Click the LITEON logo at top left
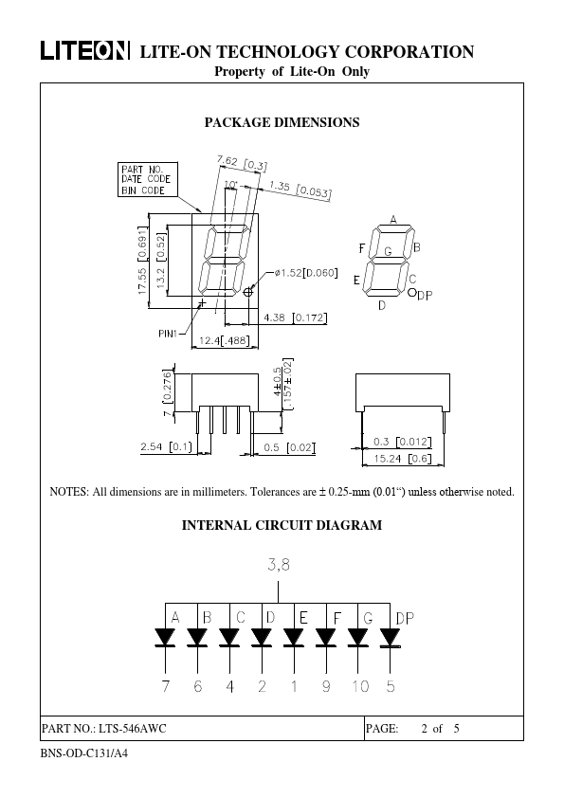pyautogui.click(x=85, y=51)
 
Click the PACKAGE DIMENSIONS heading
pyautogui.click(x=282, y=122)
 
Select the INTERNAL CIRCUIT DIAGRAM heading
pyautogui.click(x=282, y=525)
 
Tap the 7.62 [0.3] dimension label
pyautogui.click(x=242, y=163)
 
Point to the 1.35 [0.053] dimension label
pyautogui.click(x=300, y=190)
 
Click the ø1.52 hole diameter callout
pyautogui.click(x=306, y=273)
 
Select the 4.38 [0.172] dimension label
pyautogui.click(x=295, y=318)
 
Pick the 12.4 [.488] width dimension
pyautogui.click(x=225, y=340)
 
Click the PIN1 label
pyautogui.click(x=168, y=334)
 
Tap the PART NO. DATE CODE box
pyautogui.click(x=148, y=180)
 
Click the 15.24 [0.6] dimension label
pyautogui.click(x=403, y=459)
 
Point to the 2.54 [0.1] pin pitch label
pyautogui.click(x=167, y=446)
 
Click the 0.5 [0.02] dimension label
pyautogui.click(x=289, y=447)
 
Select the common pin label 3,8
pyautogui.click(x=279, y=565)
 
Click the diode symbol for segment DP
pyautogui.click(x=390, y=638)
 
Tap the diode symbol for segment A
pyautogui.click(x=165, y=638)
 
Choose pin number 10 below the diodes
pyautogui.click(x=360, y=686)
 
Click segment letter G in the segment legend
pyautogui.click(x=389, y=251)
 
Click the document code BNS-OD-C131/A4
pyautogui.click(x=84, y=753)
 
